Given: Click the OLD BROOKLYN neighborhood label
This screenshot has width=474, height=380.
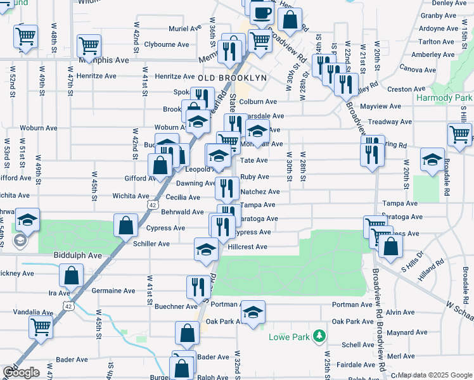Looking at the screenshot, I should [231, 77].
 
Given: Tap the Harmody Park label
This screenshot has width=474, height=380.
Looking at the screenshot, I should [445, 98].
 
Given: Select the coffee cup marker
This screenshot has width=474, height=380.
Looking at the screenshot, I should [262, 13].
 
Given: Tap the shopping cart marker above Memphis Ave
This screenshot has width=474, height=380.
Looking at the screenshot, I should [89, 46].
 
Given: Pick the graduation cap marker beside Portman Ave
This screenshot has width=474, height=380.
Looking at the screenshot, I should [253, 313].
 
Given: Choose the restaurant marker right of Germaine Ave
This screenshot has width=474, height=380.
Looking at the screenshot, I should [198, 287].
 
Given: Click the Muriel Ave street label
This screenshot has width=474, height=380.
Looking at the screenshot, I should [184, 28].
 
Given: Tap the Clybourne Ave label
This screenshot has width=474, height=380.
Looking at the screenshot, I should [167, 44].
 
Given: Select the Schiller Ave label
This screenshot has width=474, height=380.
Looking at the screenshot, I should [151, 244].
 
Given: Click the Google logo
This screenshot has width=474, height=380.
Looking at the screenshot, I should [21, 372].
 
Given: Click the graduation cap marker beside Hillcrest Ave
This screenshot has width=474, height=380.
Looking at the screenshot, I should [206, 250].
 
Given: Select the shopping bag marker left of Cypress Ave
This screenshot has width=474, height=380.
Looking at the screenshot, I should [126, 225].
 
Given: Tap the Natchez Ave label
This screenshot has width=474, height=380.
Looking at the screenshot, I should [260, 191].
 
